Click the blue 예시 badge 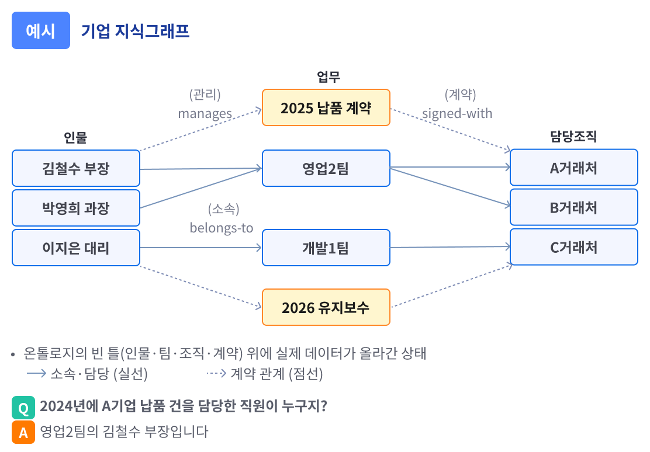(x=41, y=30)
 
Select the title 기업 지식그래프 (x=135, y=31)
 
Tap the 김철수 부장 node (x=76, y=168)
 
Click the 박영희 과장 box (x=76, y=208)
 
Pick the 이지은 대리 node (x=76, y=248)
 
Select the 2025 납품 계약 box (x=326, y=107)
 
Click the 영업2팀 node (x=326, y=168)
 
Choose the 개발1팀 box (x=326, y=248)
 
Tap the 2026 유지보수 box (x=326, y=307)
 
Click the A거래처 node (x=573, y=168)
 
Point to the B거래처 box (x=573, y=207)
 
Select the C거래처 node (x=573, y=247)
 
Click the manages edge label (x=205, y=113)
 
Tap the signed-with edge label (x=457, y=113)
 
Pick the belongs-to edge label (x=222, y=228)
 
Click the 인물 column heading (x=75, y=138)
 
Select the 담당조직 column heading (x=573, y=137)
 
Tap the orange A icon (x=23, y=433)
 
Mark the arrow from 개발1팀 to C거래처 (x=450, y=247)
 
